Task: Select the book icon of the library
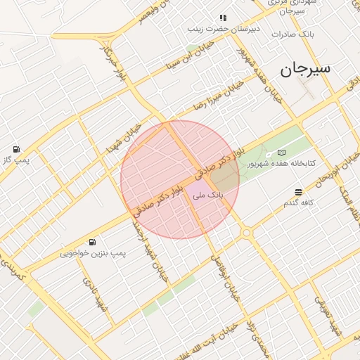tap(282, 153)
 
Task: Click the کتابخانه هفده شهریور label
tap(281, 164)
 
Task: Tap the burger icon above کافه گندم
tap(299, 192)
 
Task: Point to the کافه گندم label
tap(297, 203)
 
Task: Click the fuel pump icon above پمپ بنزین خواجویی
tap(93, 241)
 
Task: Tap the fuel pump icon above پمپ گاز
tap(16, 149)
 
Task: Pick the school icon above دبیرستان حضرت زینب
tap(223, 18)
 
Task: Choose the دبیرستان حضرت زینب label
tap(224, 29)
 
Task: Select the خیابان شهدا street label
tap(121, 139)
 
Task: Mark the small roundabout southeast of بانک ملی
tap(246, 232)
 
